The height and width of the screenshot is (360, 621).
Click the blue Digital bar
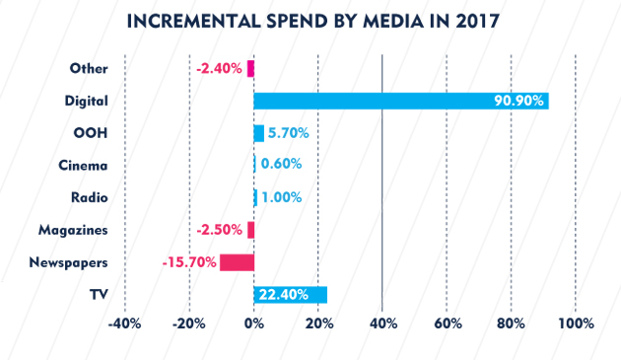(401, 101)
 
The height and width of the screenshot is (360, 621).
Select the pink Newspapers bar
(237, 262)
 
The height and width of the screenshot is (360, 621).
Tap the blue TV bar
(291, 295)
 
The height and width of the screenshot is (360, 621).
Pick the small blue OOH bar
(259, 133)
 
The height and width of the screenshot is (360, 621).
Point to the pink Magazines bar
(250, 230)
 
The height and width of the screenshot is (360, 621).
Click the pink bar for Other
(250, 69)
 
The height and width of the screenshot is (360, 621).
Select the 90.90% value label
(518, 101)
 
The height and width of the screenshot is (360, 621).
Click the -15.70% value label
(189, 262)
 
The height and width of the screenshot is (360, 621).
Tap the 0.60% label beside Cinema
(281, 164)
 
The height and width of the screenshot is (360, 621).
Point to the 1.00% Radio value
(282, 197)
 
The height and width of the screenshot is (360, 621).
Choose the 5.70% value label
(288, 133)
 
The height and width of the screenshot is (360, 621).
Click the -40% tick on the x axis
(125, 324)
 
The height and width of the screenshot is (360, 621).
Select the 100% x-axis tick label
(577, 324)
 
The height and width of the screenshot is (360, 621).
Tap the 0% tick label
(254, 324)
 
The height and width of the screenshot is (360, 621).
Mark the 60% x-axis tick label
(448, 324)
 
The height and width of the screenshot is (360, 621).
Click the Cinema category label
(83, 166)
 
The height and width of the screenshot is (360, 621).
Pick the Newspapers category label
(69, 262)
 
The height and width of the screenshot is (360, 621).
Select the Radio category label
(90, 197)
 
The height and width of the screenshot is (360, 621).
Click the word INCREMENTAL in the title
(193, 22)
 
